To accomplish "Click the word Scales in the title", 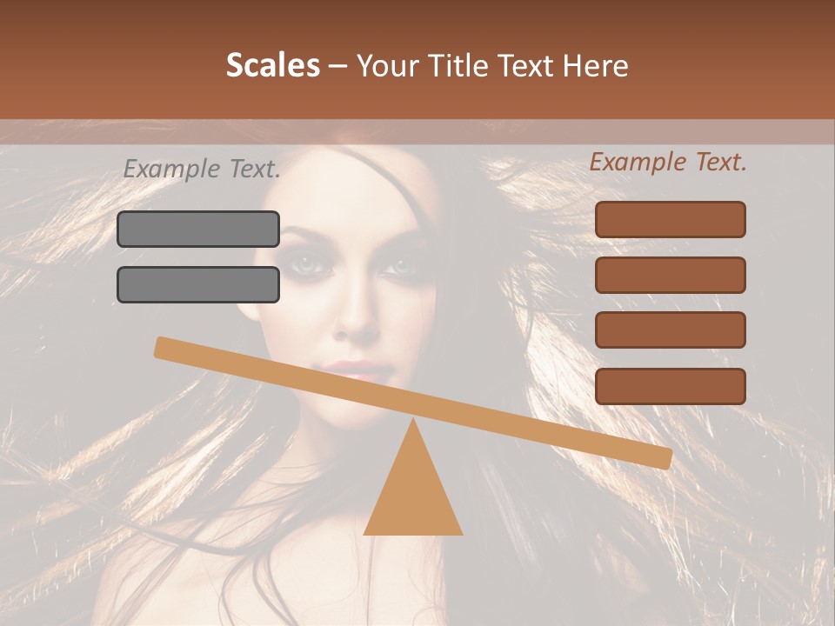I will click(x=273, y=65).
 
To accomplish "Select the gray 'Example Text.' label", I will click(x=202, y=170).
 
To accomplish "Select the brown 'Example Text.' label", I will click(x=668, y=162).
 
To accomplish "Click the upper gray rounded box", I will click(x=198, y=229).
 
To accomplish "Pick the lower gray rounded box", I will click(x=198, y=284).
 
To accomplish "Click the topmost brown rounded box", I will click(x=670, y=219).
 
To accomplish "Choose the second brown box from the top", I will click(x=670, y=275).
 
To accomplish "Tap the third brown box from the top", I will click(x=670, y=330).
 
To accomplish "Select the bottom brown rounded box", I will click(x=670, y=386).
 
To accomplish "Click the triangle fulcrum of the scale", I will click(x=413, y=496).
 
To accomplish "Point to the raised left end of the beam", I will click(x=162, y=347).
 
